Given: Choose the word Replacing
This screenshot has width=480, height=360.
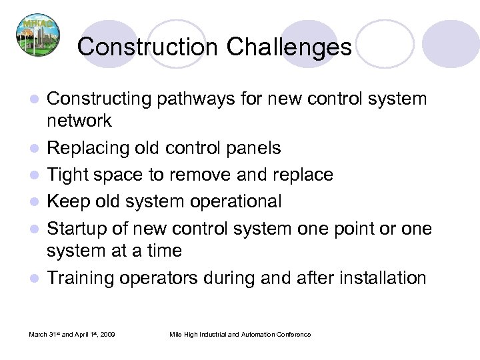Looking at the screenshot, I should click(87, 147).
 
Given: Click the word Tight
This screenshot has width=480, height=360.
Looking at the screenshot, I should click(70, 174).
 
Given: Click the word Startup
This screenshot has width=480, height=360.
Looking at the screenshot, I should click(81, 229).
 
